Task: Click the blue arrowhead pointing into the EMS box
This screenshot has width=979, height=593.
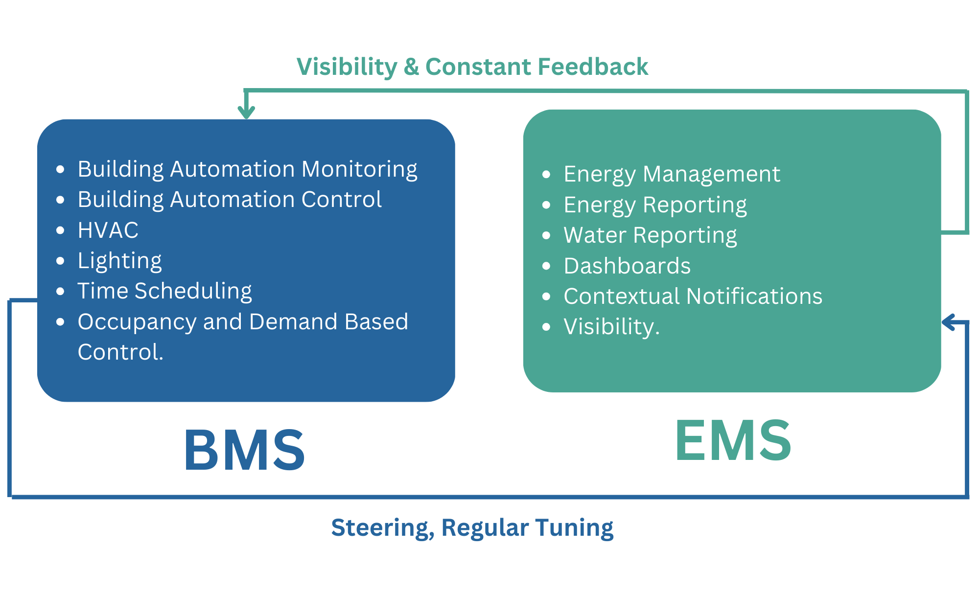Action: click(x=950, y=322)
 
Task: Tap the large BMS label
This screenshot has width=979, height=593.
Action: click(x=244, y=450)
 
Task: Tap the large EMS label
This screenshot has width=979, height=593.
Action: click(x=732, y=441)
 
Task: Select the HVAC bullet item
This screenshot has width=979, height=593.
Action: click(x=108, y=230)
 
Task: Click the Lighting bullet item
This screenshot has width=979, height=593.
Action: click(x=120, y=261)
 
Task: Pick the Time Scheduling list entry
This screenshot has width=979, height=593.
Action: click(x=164, y=291)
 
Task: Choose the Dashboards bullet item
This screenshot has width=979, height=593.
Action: click(x=627, y=266)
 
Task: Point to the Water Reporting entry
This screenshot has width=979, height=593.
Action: click(x=650, y=235)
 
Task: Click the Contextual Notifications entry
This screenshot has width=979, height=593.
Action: click(x=693, y=296)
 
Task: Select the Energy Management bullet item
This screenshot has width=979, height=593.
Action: click(x=672, y=174)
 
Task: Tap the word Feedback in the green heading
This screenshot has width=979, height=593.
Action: click(x=592, y=67)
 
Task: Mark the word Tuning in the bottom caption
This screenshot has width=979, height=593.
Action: click(x=574, y=527)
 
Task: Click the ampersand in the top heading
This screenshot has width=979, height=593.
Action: click(x=411, y=67)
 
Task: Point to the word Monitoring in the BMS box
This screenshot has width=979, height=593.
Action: click(x=359, y=169)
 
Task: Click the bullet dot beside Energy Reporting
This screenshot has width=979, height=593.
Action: click(x=547, y=205)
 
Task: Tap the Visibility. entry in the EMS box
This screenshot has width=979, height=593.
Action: click(x=611, y=327)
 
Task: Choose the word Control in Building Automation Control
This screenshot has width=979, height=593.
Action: click(x=341, y=200)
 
